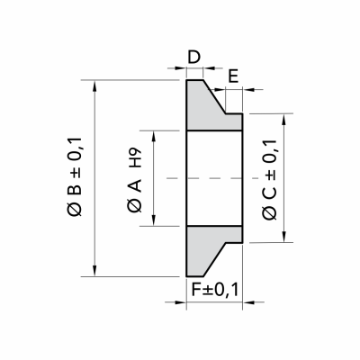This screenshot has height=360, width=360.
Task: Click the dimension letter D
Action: [193, 57]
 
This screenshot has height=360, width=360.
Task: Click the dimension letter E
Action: [233, 76]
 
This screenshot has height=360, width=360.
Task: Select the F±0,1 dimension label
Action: [215, 290]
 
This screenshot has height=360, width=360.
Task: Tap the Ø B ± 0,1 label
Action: [75, 176]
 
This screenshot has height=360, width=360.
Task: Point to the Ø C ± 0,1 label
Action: [269, 180]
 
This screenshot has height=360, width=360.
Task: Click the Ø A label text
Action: [135, 196]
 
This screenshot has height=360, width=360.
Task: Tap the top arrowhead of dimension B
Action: [94, 85]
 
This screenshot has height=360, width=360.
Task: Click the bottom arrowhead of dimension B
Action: [94, 271]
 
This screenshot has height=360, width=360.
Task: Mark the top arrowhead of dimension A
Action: [154, 136]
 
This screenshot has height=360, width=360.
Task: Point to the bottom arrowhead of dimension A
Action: [154, 220]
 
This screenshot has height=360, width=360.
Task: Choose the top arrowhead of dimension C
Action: [283, 119]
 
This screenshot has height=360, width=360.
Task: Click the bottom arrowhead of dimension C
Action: [283, 237]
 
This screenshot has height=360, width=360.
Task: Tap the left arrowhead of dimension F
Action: [181, 302]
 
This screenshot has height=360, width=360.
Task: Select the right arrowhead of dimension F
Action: [248, 302]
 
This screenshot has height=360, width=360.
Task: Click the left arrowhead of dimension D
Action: [181, 68]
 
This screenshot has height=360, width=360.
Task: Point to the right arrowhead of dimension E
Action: [248, 89]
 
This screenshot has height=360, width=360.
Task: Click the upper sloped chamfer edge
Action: [214, 96]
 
